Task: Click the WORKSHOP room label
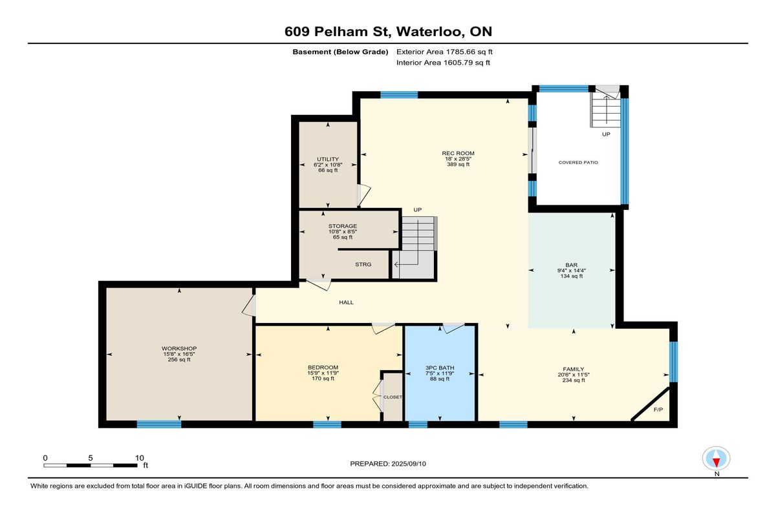coord(179,348)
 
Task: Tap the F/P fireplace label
coord(658,410)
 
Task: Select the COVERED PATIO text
coord(578,162)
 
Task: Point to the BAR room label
coord(572,265)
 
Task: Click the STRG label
coord(363,264)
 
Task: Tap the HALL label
coord(346,302)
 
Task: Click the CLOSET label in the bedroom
coord(393,397)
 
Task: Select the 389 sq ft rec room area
coord(458,164)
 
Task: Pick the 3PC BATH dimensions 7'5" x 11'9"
coord(440,373)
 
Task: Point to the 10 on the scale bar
coord(139,458)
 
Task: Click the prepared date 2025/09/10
coord(409,464)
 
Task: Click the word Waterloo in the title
coord(429,32)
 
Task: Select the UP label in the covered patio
coord(606,134)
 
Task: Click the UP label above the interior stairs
coord(418,210)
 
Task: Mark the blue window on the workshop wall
coord(159,424)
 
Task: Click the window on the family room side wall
coord(673,362)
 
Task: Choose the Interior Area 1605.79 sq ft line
coord(443,63)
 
